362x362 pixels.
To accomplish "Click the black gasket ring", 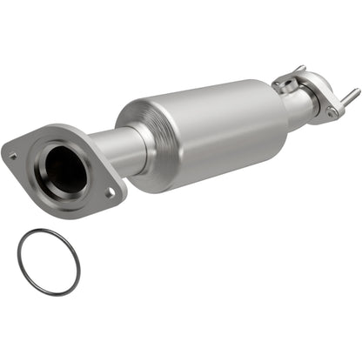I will coord(19,261).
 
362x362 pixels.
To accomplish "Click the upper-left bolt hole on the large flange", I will coord(13,157).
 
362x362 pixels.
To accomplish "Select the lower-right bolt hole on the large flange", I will coord(110,193).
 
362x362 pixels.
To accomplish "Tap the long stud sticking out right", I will coord(350,94).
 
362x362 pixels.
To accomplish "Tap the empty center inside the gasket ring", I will coord(48,261).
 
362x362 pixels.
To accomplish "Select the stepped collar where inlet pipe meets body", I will coord(131,144).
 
